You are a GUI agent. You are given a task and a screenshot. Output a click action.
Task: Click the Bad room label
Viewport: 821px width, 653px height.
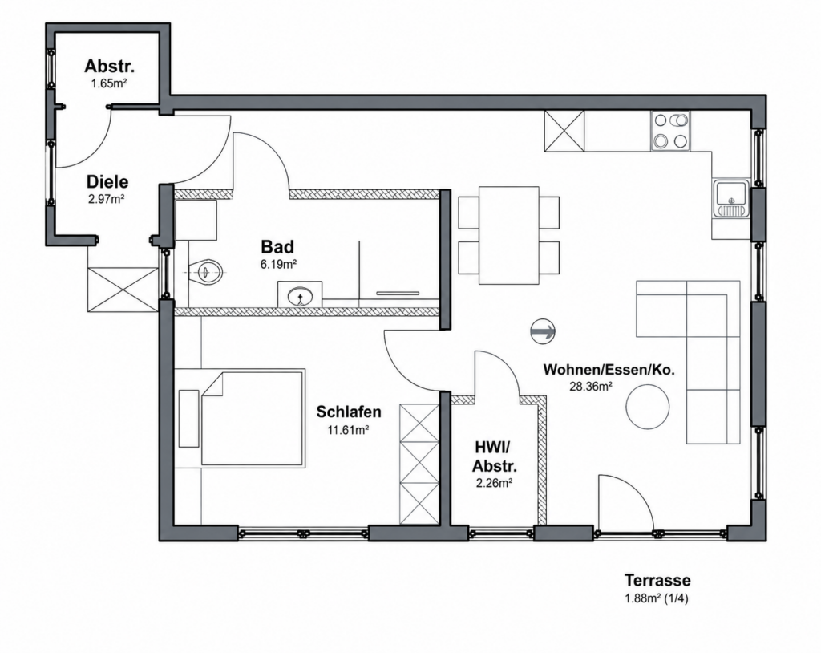coord(277,246)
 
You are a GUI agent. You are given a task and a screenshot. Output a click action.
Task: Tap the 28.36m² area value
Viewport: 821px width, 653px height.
coord(591,387)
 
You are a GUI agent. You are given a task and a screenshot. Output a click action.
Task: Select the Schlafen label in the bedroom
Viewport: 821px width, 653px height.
coord(349,412)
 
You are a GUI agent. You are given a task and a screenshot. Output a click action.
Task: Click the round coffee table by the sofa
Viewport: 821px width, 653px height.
coord(648,407)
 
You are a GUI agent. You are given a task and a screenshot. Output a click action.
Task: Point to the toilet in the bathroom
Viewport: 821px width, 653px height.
coord(206,271)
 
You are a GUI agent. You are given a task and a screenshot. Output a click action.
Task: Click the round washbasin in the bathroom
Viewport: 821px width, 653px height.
coord(300,297)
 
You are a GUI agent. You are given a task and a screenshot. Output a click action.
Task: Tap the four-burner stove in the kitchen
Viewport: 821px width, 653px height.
coord(670,131)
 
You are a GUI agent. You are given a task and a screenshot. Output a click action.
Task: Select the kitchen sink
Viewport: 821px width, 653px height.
coord(731,198)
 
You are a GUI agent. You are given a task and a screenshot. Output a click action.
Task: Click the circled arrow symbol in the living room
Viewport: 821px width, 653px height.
coord(543,331)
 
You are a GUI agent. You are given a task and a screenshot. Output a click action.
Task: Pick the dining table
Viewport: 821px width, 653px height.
coord(509,235)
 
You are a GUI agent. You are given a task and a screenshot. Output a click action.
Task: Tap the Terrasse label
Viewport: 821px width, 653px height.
coord(657,581)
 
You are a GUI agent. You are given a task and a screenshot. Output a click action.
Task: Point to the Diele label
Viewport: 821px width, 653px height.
coord(107,182)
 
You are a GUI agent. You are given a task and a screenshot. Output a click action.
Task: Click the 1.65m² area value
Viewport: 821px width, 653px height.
coord(109,83)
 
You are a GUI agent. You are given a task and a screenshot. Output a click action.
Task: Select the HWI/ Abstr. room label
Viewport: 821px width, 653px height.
coord(494,456)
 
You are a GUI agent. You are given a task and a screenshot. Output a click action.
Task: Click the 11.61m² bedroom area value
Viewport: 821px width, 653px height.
coord(349,430)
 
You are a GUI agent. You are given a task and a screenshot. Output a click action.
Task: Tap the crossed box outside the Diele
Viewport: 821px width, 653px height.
coord(123,290)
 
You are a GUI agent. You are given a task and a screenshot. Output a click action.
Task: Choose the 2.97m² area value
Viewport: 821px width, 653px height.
coord(107,199)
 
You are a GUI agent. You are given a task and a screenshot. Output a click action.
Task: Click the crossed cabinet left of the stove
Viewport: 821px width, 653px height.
coord(564,131)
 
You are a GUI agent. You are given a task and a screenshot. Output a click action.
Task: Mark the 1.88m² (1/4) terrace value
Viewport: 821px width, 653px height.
coord(657,598)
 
